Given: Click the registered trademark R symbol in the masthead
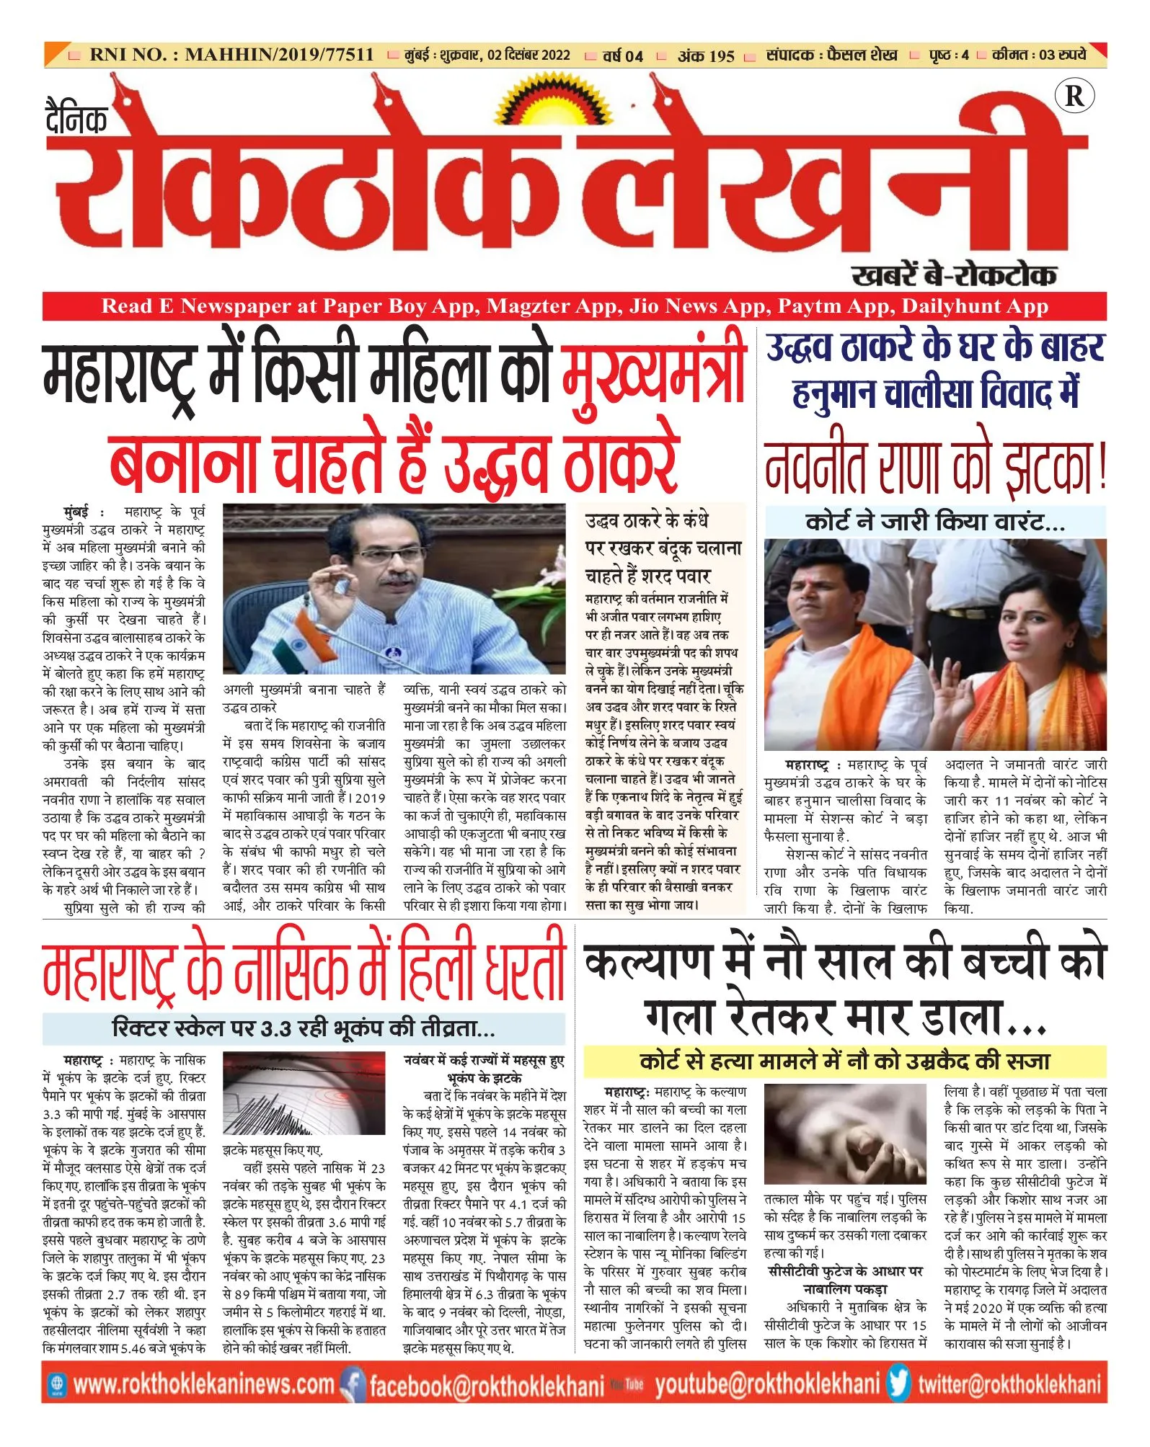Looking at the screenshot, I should point(1074,97).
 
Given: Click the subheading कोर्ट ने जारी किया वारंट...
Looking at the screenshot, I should point(934,521).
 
